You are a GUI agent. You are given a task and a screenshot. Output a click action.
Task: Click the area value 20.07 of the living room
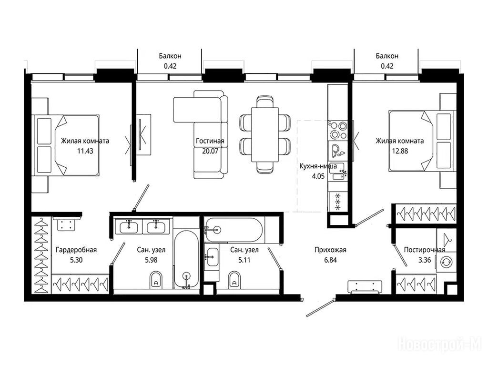[x=210, y=151]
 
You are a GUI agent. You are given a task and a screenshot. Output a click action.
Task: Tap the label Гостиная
[x=210, y=141]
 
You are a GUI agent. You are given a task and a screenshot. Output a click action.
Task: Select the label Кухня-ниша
[x=318, y=166]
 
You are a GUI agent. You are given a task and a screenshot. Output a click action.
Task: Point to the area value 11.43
[x=85, y=151]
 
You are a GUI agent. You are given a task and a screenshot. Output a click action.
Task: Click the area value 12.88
[x=400, y=151]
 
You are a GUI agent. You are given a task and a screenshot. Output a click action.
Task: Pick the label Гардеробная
[x=76, y=250]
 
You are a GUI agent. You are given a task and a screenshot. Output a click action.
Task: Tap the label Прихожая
[x=330, y=250]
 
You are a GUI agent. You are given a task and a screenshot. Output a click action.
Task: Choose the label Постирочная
[x=425, y=250]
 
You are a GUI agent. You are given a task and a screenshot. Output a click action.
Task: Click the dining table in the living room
[x=265, y=134]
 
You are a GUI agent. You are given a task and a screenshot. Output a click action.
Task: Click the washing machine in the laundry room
[x=446, y=262]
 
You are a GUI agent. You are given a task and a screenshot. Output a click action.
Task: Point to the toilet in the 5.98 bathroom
[x=156, y=279]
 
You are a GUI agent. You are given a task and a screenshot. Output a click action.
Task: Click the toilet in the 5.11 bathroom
[x=234, y=279]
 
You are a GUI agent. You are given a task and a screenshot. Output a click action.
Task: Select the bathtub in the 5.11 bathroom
[x=234, y=230]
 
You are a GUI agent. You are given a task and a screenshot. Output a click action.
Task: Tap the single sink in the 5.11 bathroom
[x=213, y=257]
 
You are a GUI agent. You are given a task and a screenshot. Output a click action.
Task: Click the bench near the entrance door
[x=365, y=287]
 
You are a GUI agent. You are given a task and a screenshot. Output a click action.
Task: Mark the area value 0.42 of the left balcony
[x=170, y=66]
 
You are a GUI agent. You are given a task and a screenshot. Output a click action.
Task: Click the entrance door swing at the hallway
[x=321, y=307]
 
